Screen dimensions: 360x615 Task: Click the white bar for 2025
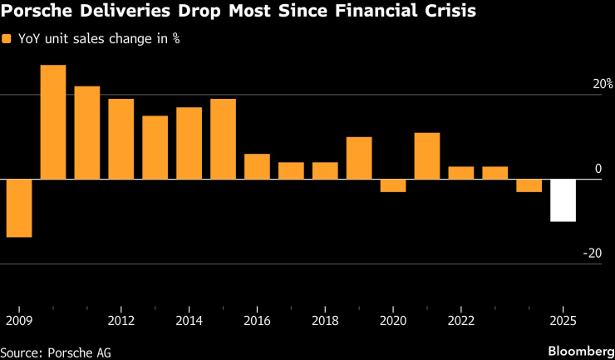coord(563,200)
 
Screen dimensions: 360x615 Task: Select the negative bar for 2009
coord(19,208)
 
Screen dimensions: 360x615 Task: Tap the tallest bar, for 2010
coord(53,122)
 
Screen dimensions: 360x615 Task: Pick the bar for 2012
coord(121,139)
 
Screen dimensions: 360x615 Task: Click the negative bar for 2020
coord(393,185)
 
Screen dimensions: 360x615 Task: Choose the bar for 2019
coord(359,158)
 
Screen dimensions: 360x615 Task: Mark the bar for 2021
coord(427,155)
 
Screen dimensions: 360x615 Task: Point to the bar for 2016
coord(257,166)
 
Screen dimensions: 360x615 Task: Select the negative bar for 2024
coord(529,185)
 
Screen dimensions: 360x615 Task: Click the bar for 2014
coord(189,143)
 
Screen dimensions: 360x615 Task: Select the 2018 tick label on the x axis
coord(325,321)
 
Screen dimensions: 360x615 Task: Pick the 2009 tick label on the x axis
coord(17,321)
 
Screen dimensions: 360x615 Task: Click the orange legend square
coord(7,39)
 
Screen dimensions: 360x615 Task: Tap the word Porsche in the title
coord(34,12)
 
